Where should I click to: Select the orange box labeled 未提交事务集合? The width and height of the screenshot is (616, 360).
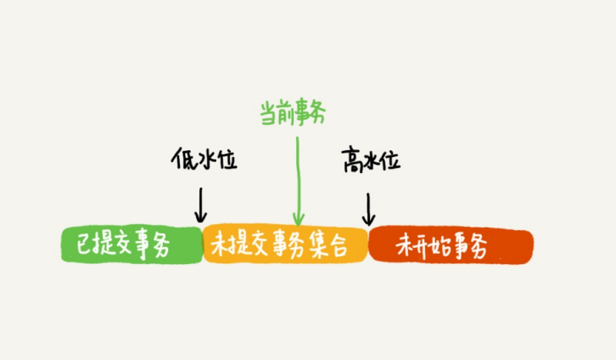point(285,245)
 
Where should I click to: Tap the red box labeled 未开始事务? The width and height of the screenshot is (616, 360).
point(451,245)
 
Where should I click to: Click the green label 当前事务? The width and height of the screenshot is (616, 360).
point(293,111)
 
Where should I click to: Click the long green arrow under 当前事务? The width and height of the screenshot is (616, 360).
point(298,178)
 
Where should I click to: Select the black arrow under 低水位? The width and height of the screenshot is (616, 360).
point(201,204)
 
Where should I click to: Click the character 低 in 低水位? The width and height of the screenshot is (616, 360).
point(180,158)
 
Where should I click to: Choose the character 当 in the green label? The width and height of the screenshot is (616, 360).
point(267,111)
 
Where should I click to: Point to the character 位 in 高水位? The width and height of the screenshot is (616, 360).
point(389,159)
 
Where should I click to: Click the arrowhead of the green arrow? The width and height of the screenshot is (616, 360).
point(298,220)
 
